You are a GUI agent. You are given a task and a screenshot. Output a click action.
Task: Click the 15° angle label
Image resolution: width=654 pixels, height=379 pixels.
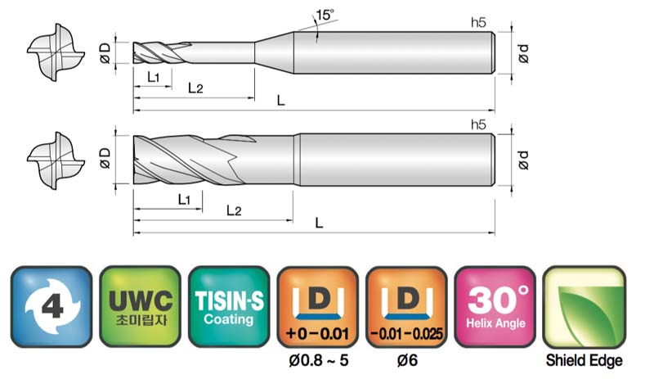point(325,15)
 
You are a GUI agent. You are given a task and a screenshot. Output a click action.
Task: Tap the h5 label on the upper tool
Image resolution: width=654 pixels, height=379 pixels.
point(478,22)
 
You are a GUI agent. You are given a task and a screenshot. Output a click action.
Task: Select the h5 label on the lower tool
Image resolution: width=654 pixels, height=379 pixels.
point(478,124)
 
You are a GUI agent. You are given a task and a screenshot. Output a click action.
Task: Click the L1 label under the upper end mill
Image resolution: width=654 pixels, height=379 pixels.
point(153,77)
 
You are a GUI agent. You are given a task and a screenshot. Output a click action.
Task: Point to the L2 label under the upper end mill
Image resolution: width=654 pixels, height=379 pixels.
point(195,88)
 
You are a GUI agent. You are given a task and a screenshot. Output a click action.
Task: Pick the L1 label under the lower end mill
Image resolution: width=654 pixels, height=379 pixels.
point(184,199)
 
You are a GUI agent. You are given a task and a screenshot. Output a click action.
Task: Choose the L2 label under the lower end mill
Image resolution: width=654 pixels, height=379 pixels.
point(234,210)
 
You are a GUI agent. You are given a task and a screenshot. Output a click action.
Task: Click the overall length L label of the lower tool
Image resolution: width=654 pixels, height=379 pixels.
point(319,223)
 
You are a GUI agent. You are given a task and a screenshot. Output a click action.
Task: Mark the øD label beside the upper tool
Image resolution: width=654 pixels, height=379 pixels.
point(105,53)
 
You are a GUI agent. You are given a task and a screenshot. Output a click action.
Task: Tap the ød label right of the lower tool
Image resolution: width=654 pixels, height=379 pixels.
point(523,160)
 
